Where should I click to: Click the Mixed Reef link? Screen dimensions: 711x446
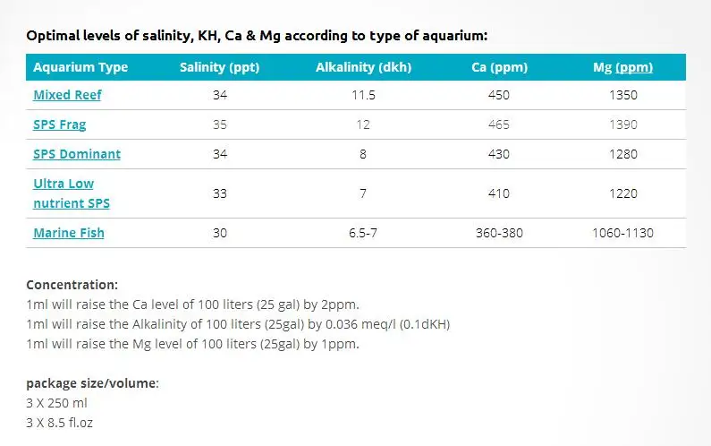click(x=67, y=95)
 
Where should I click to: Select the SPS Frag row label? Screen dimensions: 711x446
click(x=59, y=124)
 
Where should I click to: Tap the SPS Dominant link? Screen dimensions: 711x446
click(x=77, y=154)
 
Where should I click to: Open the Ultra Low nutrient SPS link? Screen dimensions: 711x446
click(x=72, y=193)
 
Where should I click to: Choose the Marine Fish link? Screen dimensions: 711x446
click(x=69, y=233)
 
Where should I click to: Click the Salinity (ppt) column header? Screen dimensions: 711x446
click(x=219, y=67)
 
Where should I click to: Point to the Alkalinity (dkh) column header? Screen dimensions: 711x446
click(x=363, y=67)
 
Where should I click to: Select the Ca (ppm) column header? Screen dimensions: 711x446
click(x=499, y=67)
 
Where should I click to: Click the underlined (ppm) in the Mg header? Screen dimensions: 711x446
click(x=634, y=68)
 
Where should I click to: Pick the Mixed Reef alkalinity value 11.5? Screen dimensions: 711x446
click(x=363, y=95)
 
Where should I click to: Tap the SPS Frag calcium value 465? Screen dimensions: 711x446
click(x=499, y=124)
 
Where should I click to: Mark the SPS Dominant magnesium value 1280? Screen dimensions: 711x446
click(x=623, y=154)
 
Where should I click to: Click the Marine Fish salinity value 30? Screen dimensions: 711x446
click(x=220, y=233)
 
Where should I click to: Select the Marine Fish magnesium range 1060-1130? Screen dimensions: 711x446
click(x=622, y=233)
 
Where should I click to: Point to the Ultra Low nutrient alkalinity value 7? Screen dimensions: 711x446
click(x=363, y=193)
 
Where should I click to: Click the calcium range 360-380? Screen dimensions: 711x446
click(x=499, y=233)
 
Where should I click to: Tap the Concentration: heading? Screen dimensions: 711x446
click(x=72, y=285)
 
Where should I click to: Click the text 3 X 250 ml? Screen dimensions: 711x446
click(x=56, y=403)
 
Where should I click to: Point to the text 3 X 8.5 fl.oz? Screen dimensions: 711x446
click(x=59, y=423)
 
